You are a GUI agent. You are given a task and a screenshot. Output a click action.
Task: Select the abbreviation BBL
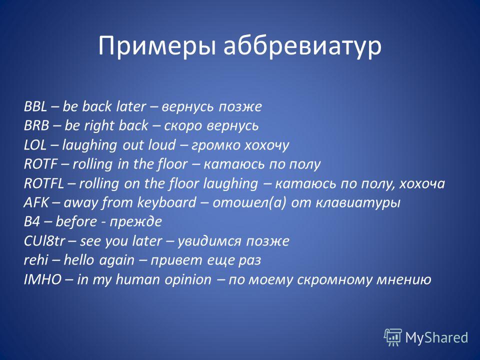(x=35, y=106)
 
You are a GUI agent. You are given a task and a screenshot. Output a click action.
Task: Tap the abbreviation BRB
(x=36, y=125)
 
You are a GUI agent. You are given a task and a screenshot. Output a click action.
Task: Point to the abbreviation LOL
(x=35, y=145)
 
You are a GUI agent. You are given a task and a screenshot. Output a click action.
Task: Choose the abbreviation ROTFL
(x=44, y=183)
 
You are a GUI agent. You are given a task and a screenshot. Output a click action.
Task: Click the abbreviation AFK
(x=36, y=202)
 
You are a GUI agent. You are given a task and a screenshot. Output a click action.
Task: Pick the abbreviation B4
(x=32, y=221)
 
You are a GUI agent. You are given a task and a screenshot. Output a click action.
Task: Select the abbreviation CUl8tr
(x=44, y=241)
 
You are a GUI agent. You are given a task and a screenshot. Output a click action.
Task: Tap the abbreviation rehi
(x=36, y=260)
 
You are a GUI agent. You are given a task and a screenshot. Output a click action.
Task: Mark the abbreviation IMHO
(x=43, y=279)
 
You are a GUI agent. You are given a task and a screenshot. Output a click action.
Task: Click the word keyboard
(x=167, y=202)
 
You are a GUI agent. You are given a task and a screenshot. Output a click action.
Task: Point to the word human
(x=138, y=279)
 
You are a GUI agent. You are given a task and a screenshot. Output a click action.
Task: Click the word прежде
(x=135, y=222)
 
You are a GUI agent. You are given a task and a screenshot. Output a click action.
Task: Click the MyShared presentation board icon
(x=393, y=337)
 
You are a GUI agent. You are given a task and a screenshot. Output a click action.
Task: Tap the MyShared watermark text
(x=436, y=337)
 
